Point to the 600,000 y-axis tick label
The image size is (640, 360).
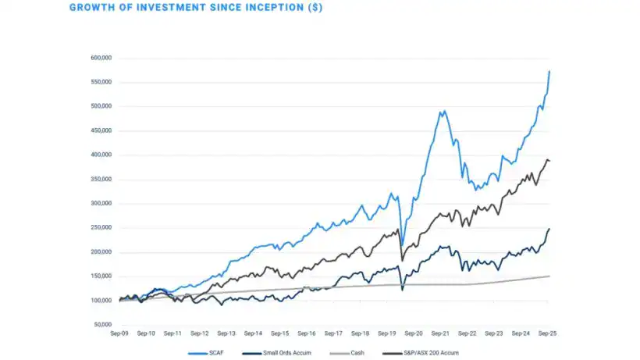pos(101,58)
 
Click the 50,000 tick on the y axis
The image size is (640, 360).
pos(103,325)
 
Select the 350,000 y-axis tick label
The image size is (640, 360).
pos(101,180)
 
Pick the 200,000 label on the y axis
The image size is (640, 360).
pos(101,252)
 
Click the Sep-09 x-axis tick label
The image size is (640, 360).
pos(119,333)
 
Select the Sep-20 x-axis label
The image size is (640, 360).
pos(414,333)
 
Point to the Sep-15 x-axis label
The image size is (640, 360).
pos(280,333)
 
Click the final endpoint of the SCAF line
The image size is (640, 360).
pos(549,71)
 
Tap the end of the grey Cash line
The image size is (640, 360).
pos(549,276)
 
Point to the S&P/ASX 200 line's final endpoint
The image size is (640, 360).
pos(549,161)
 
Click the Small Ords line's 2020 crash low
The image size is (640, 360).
pos(402,290)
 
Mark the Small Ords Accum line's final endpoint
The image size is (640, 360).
pos(549,229)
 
